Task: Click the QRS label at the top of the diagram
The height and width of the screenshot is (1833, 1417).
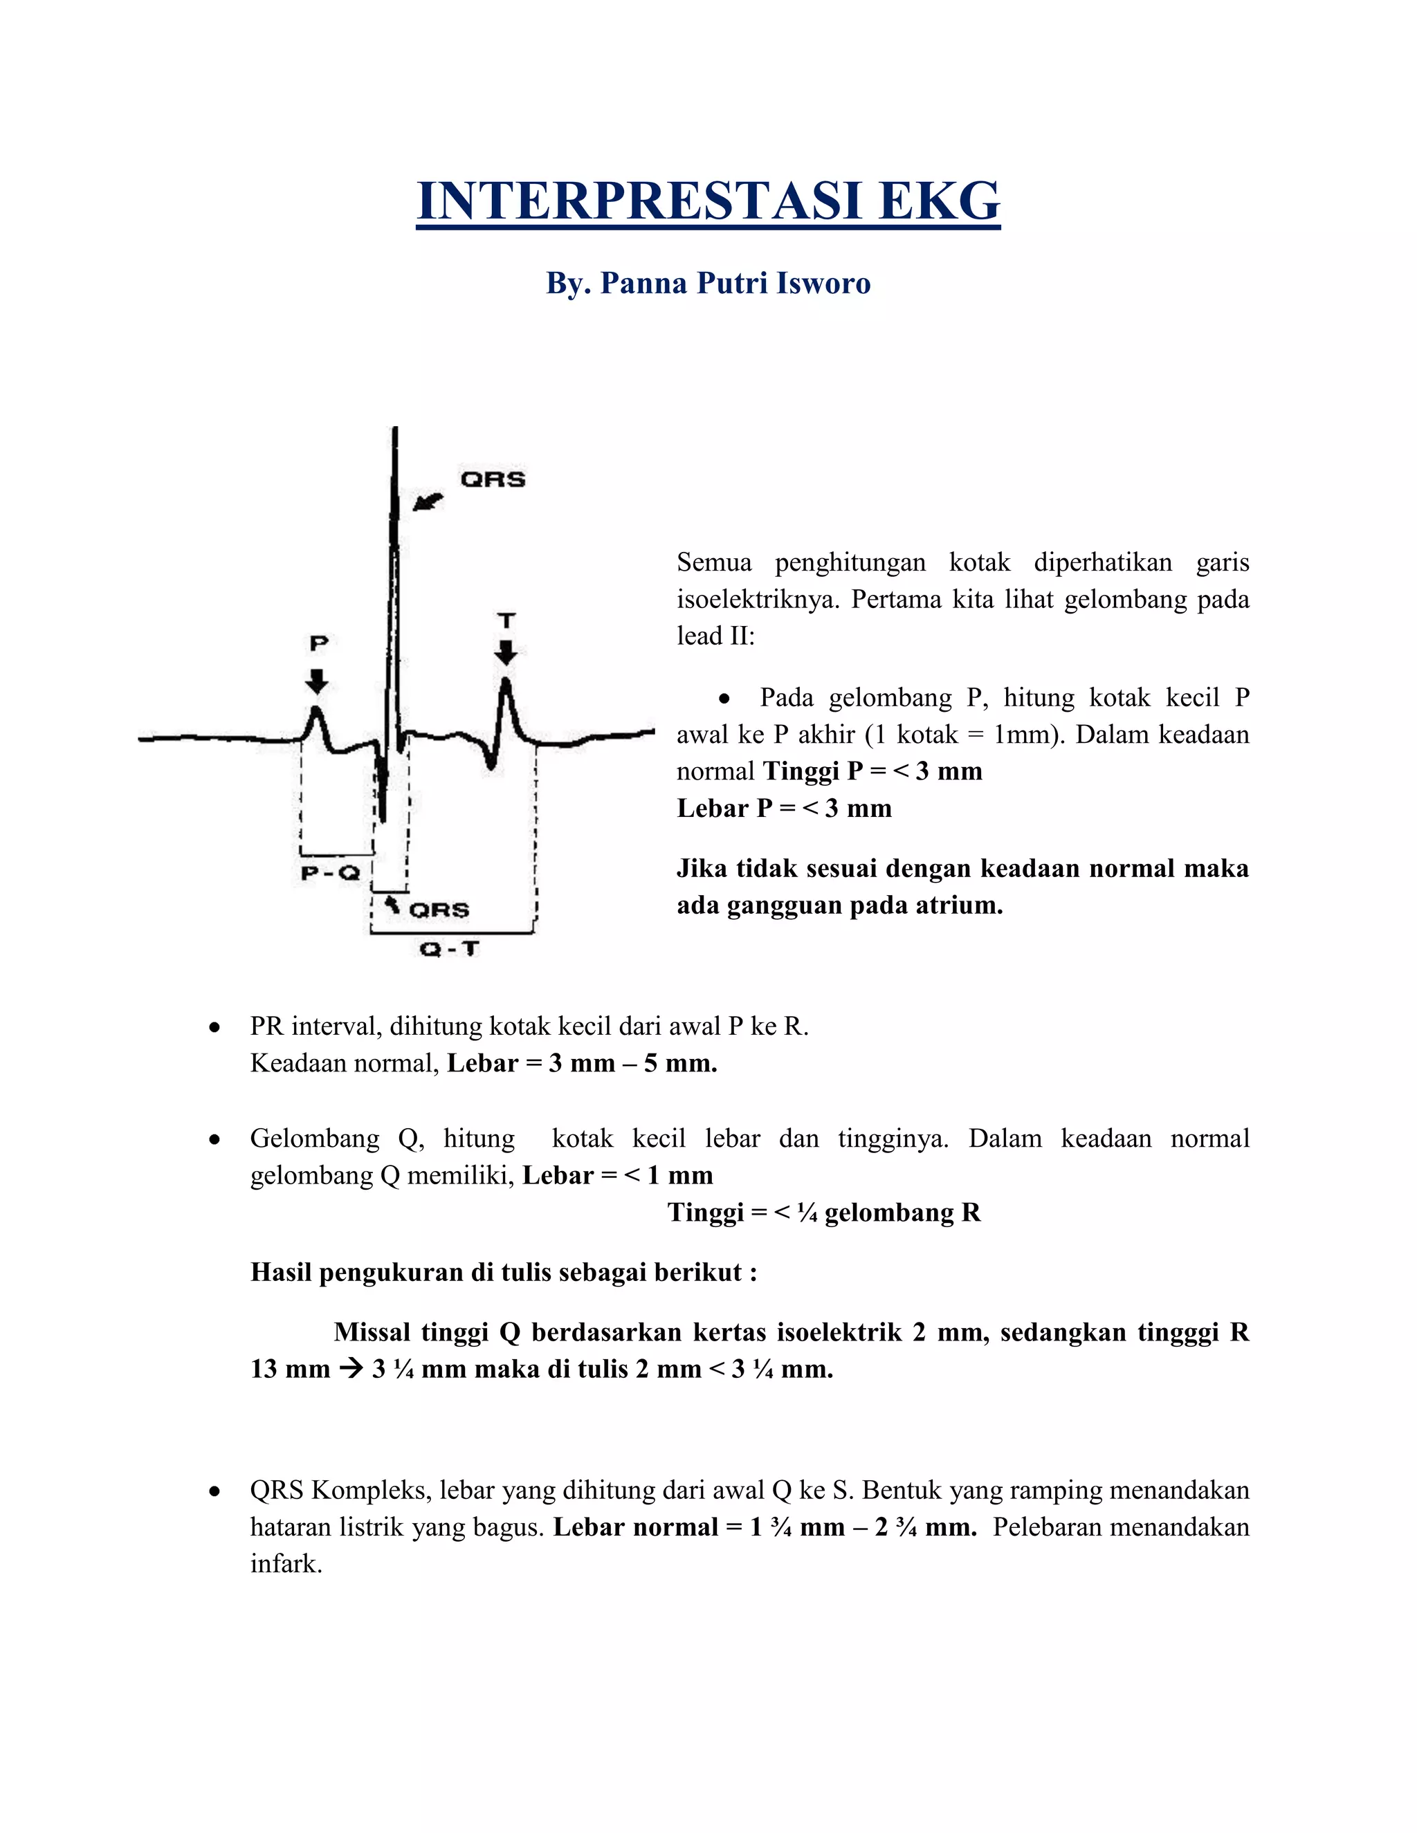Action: tap(493, 479)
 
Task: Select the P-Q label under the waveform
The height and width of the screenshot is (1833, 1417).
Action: tap(330, 873)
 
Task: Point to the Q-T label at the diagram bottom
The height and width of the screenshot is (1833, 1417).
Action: tap(449, 949)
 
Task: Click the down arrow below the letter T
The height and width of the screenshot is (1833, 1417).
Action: tap(505, 652)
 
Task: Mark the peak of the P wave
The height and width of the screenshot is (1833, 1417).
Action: tap(316, 710)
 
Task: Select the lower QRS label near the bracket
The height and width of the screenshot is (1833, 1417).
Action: tap(439, 910)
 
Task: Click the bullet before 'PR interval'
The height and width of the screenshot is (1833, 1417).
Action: tap(215, 1027)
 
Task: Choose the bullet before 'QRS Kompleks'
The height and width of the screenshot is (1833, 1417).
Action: tap(215, 1491)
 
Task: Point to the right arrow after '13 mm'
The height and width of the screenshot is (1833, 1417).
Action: tap(351, 1369)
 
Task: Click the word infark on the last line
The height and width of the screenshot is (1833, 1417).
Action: tap(286, 1564)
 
